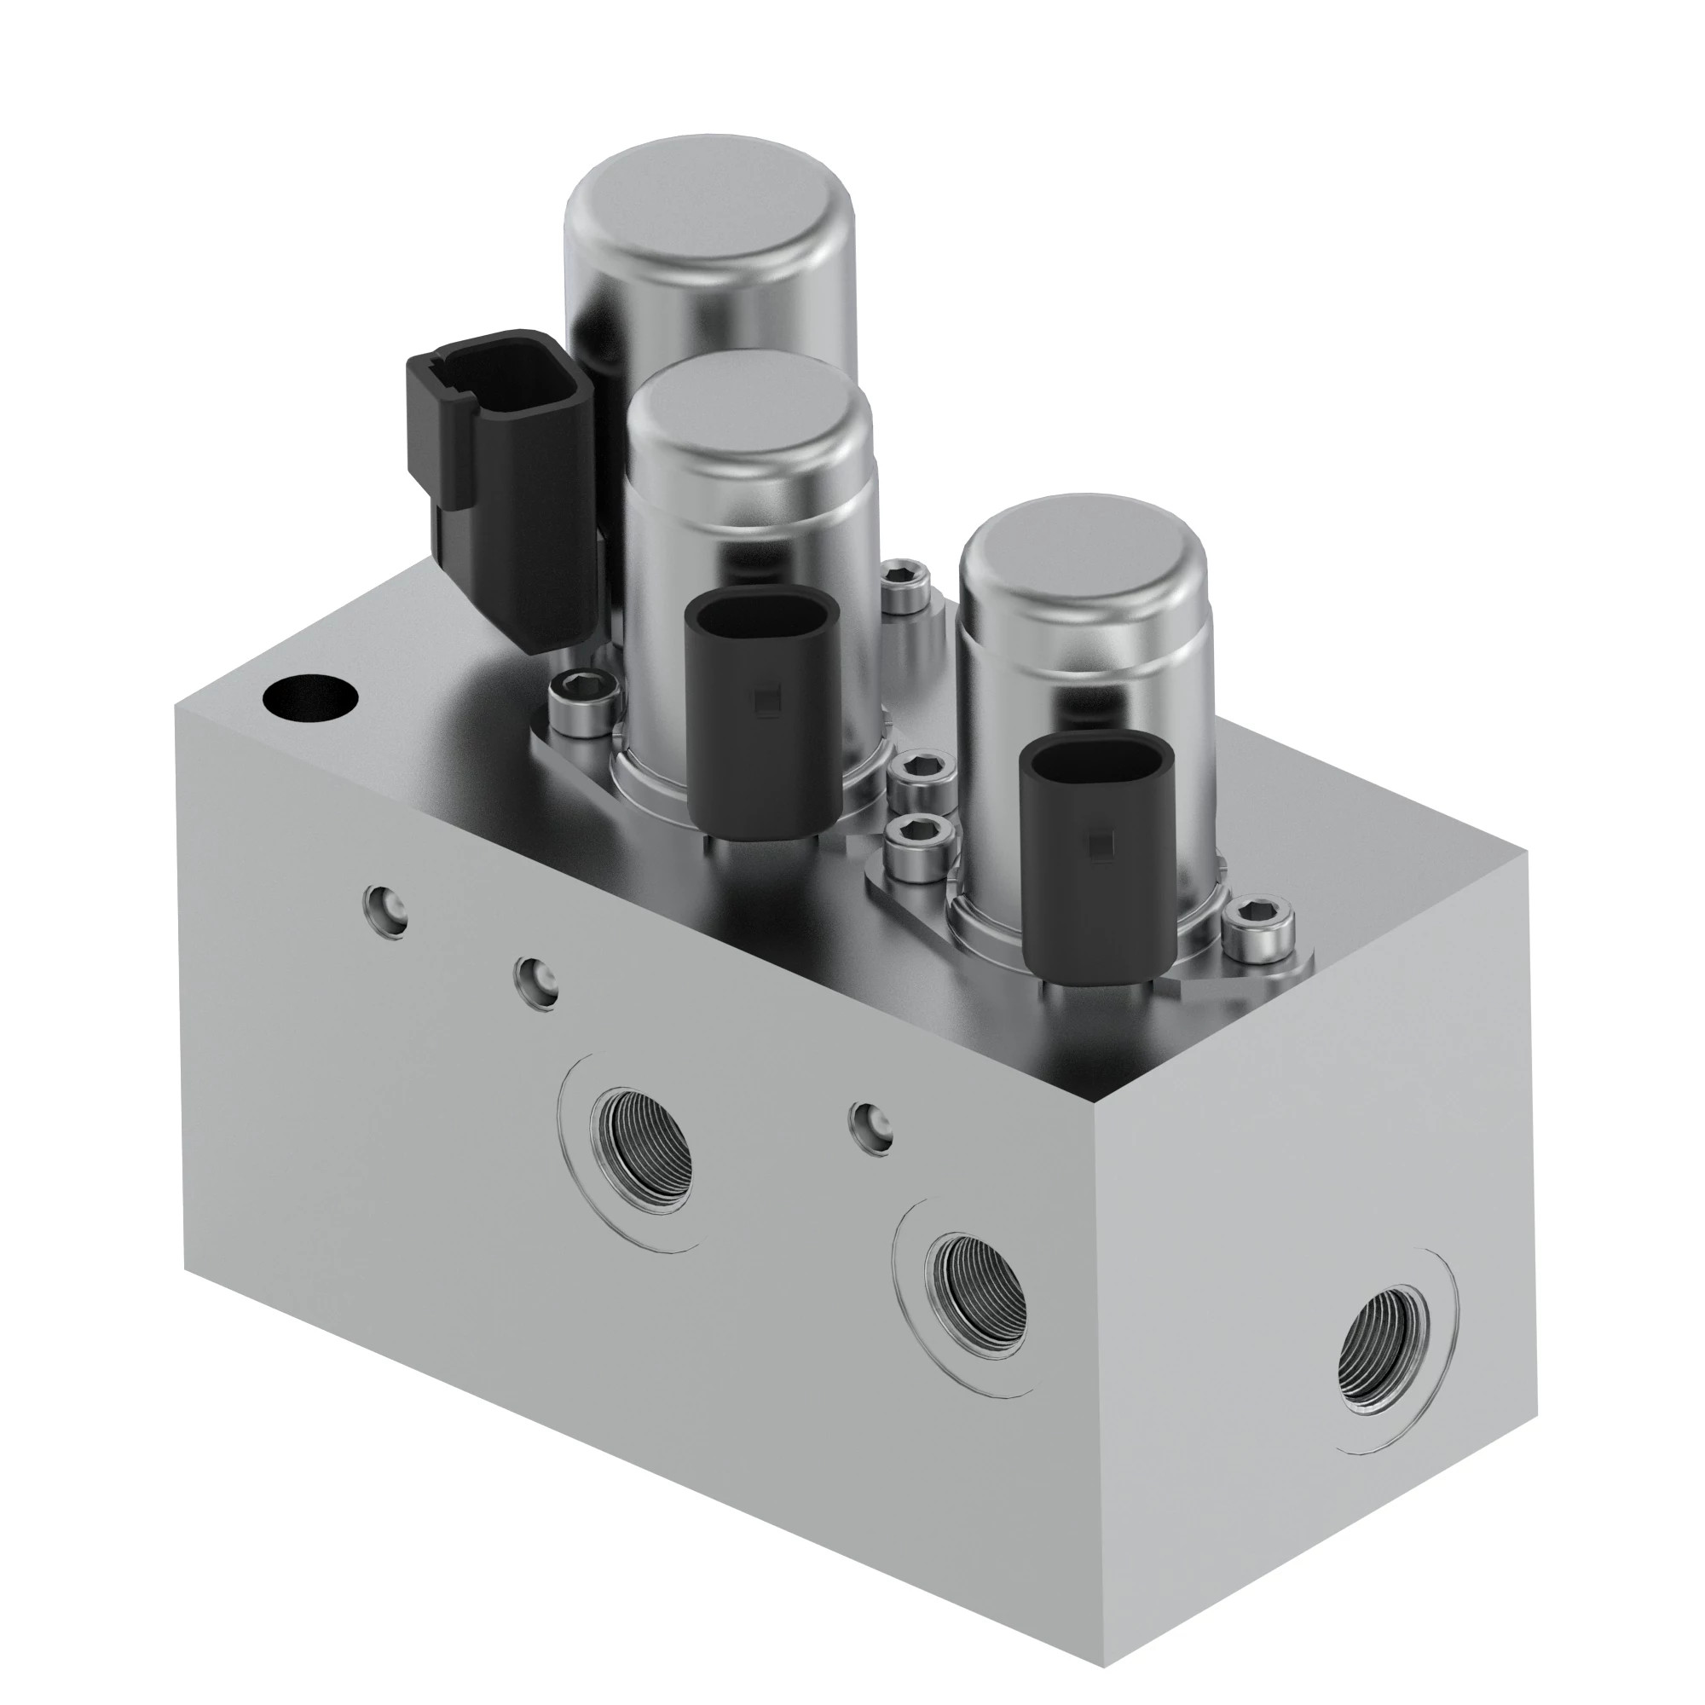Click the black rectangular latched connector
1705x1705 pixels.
499,477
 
